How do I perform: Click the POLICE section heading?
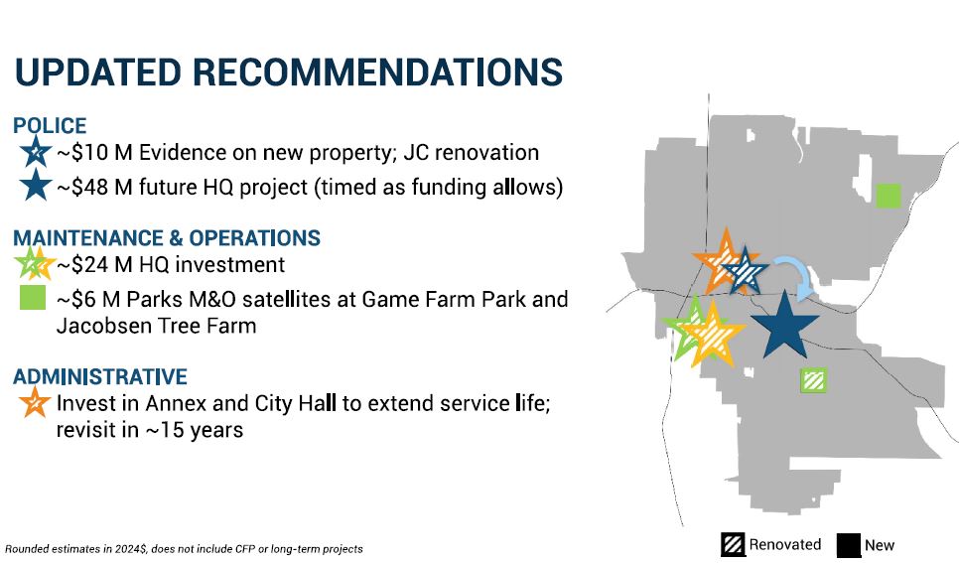click(50, 125)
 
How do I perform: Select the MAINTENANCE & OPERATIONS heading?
click(167, 237)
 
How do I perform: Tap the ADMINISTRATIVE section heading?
click(100, 376)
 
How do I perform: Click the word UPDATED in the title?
click(98, 72)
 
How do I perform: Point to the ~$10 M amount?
click(94, 152)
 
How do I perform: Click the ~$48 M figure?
click(94, 187)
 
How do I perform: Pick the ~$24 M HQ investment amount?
click(94, 264)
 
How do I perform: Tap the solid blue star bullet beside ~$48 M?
click(36, 185)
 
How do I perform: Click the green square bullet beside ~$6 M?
click(33, 298)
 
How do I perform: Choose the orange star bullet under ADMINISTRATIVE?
click(35, 401)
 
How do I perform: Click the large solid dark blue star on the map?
click(784, 326)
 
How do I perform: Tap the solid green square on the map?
click(889, 196)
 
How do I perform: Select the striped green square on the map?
click(813, 380)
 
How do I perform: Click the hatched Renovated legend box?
click(733, 545)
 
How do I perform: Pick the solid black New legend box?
click(848, 545)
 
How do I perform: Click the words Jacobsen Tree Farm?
click(157, 326)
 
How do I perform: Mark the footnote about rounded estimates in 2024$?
click(184, 549)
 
